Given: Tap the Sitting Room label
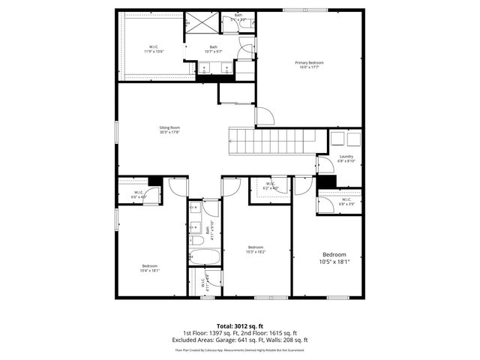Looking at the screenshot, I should point(169,130).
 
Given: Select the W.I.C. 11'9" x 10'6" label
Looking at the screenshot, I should point(153,49).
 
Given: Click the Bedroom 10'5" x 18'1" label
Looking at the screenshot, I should point(334,258).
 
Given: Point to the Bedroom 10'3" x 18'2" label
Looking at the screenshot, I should point(256,249).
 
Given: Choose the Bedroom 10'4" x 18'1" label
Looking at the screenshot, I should point(150,268).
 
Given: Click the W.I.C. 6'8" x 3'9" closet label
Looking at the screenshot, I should point(346,201).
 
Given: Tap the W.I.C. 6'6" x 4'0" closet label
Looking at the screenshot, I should point(139,195).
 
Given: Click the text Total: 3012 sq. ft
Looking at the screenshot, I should point(240,325).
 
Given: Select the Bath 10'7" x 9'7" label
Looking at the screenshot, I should point(214,49).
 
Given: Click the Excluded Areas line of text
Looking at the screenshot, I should point(240,340).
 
